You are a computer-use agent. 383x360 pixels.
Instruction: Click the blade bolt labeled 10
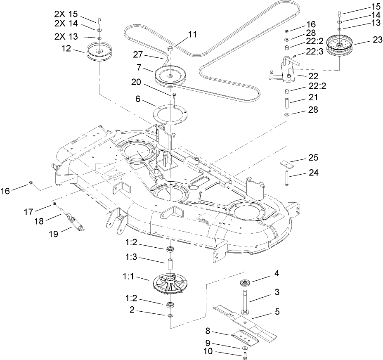(x=245, y=354)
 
